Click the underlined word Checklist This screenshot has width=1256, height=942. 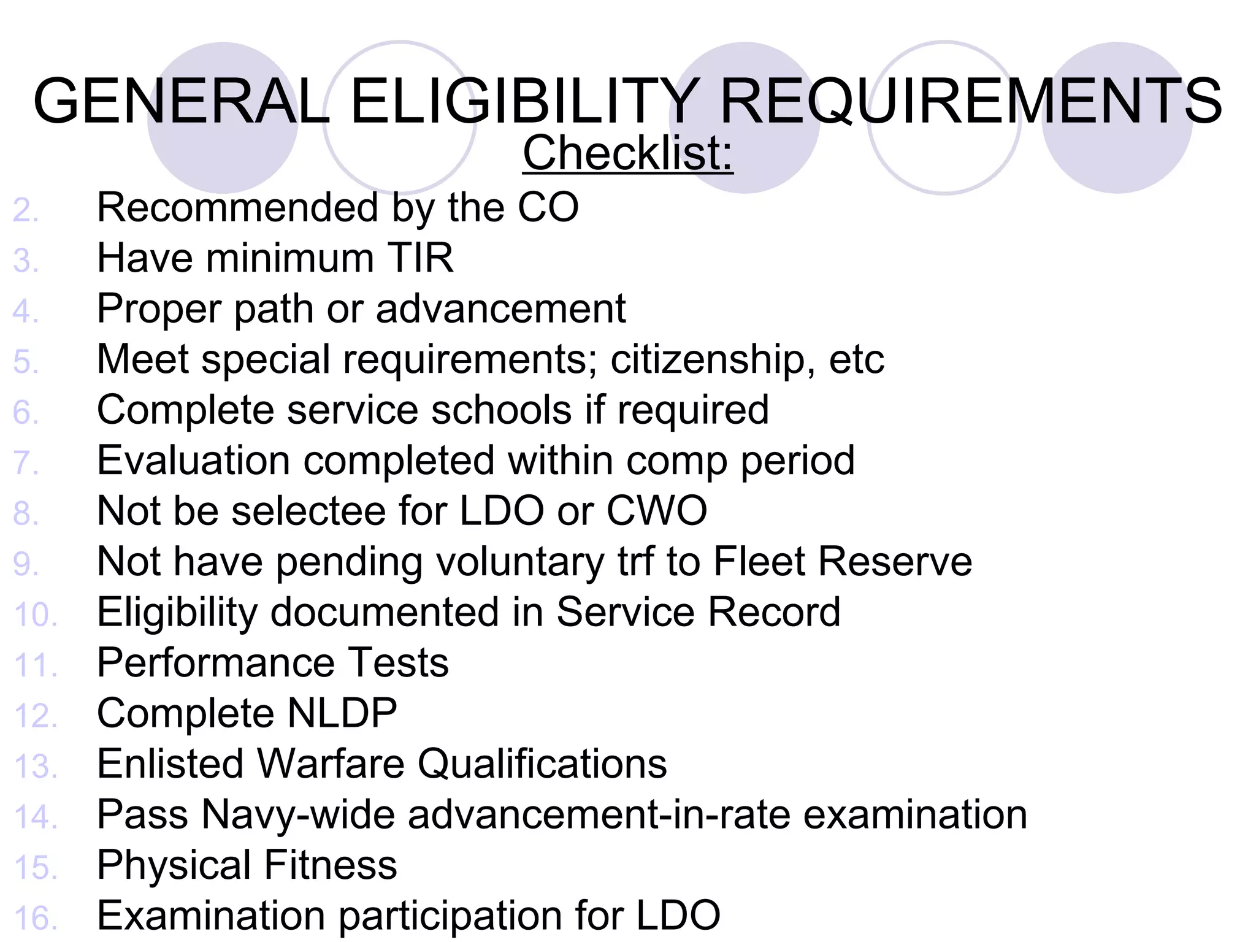627,153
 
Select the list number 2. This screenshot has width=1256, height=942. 26,210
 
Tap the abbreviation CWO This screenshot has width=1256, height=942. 656,510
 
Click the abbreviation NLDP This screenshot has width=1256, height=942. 342,713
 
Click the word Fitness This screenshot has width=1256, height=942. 331,865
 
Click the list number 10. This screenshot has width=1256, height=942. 36,615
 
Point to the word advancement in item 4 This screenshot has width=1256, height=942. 500,308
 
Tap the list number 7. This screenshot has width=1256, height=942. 26,463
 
